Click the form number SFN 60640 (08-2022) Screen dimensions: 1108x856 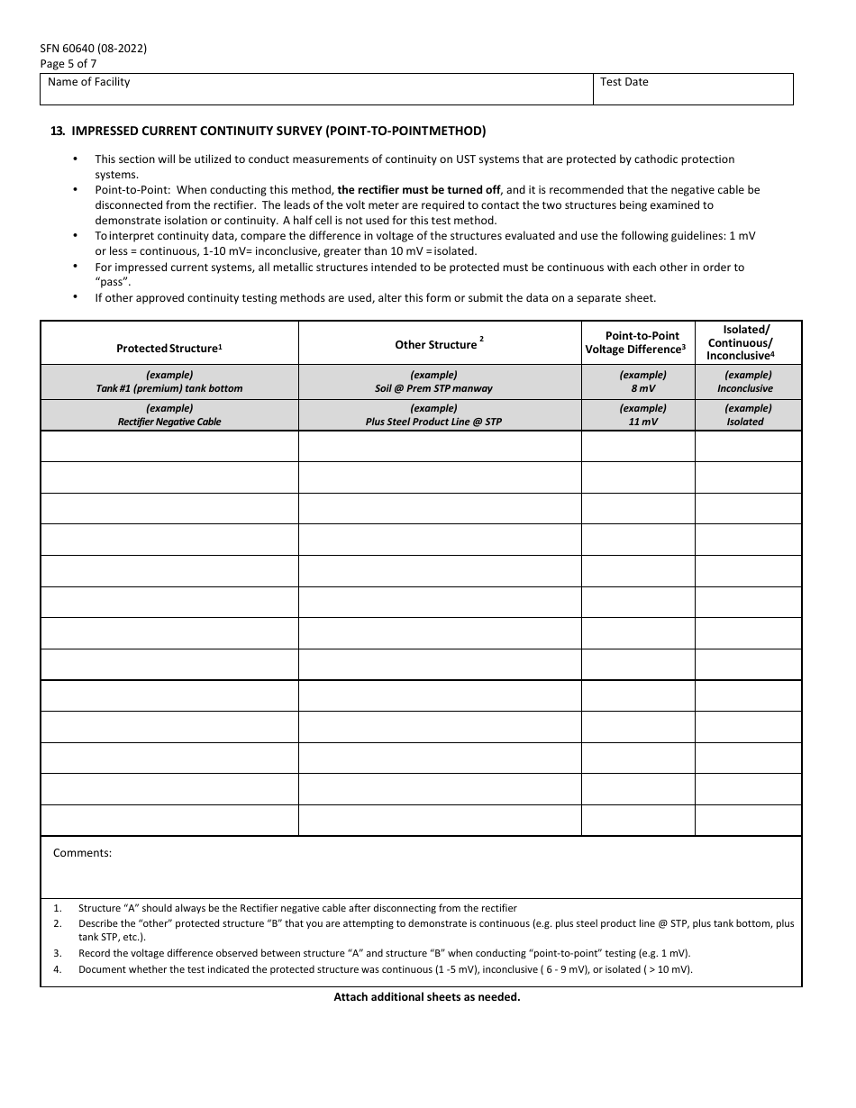click(93, 49)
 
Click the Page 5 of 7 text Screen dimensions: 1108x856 click(68, 64)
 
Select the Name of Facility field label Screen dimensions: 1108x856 click(88, 82)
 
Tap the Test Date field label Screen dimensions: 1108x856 click(624, 82)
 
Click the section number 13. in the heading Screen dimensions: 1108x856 click(57, 131)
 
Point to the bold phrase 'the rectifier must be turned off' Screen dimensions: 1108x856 click(418, 190)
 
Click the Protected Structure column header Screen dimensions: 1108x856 click(169, 349)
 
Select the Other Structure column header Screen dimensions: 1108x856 click(439, 345)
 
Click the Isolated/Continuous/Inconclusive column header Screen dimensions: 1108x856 click(747, 342)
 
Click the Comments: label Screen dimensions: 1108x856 click(82, 853)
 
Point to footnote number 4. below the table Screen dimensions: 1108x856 click(57, 970)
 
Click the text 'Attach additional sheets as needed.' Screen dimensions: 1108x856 click(427, 997)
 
